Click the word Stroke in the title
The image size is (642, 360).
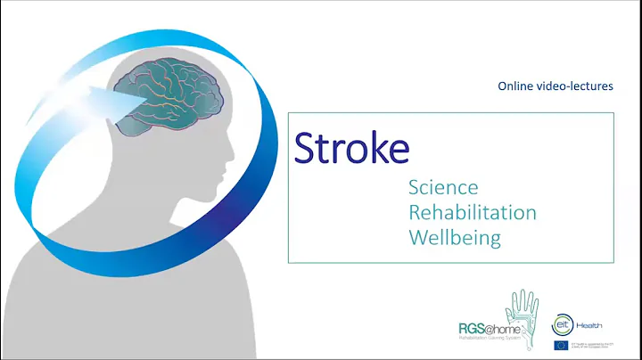point(351,148)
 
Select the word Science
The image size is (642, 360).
point(443,188)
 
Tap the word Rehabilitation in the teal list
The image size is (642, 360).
point(472,213)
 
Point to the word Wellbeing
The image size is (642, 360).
point(454,238)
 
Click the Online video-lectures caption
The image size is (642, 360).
point(556,85)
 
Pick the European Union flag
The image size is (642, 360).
point(561,344)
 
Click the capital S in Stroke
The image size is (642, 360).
point(309,148)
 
